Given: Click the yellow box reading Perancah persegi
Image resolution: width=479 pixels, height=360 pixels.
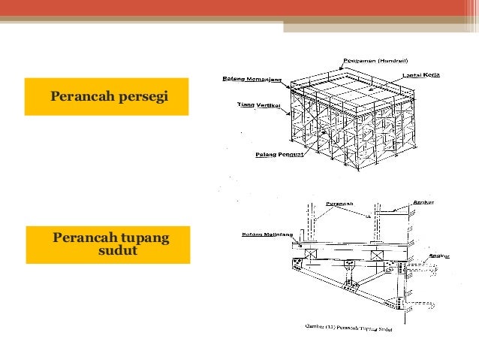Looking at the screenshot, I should (x=106, y=96).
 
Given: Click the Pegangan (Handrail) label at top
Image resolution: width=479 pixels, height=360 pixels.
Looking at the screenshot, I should (x=372, y=61).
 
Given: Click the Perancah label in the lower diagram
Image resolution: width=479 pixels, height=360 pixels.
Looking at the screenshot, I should (x=339, y=203).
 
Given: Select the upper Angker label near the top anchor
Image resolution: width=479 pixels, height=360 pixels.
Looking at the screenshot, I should (x=423, y=202).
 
